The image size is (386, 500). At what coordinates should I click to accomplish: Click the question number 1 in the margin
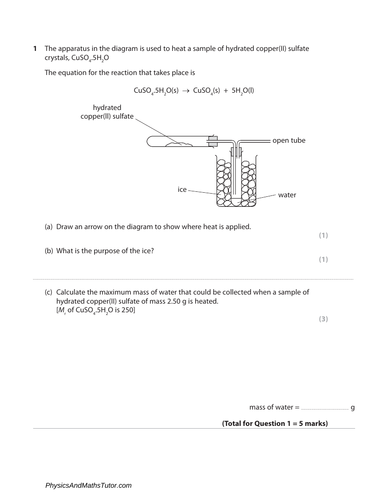pos(35,49)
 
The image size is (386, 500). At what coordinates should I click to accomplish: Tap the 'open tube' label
pos(289,140)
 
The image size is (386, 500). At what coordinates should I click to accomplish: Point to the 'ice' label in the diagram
pos(182,189)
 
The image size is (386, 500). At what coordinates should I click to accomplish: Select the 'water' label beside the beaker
pos(287,195)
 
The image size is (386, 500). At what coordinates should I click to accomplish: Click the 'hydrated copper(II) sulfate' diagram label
pos(107,112)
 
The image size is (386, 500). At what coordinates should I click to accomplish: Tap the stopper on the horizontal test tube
pos(212,141)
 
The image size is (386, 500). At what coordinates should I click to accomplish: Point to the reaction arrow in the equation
pos(186,91)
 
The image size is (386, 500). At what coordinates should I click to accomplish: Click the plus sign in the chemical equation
pos(226,91)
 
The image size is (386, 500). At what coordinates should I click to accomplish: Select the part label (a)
pos(49,227)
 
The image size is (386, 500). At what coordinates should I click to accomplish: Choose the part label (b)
pos(49,251)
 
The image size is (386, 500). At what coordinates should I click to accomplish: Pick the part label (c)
pos(49,292)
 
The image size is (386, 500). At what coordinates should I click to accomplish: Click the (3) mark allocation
pos(323,319)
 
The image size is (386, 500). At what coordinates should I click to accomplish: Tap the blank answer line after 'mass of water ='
pos(325,409)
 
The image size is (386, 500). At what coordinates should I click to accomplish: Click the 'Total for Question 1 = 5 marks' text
pos(275,423)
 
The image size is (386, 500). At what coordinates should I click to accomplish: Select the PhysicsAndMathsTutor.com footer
pos(88,485)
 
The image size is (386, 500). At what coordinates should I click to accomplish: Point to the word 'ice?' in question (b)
pos(148,251)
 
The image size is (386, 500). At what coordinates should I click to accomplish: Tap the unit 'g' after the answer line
pos(353,408)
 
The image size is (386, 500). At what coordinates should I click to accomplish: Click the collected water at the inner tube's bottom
pos(236,201)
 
